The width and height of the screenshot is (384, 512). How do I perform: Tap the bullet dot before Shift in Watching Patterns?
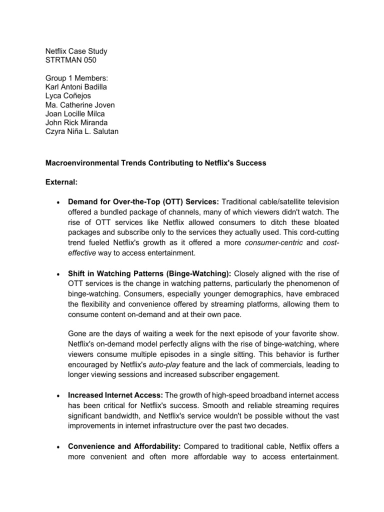59,273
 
